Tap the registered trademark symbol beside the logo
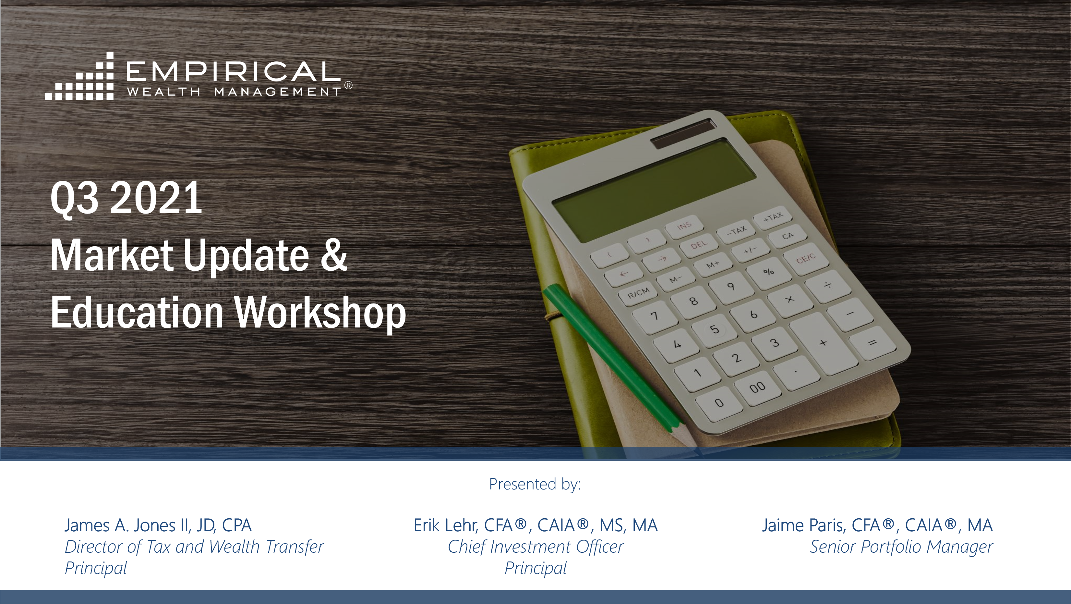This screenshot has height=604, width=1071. (x=348, y=85)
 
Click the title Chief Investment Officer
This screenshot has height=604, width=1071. (x=535, y=547)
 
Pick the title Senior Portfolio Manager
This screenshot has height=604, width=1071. (x=901, y=547)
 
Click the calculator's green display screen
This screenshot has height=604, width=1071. (x=654, y=189)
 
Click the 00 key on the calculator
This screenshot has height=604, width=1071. (x=757, y=387)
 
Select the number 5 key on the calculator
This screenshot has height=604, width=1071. (x=714, y=329)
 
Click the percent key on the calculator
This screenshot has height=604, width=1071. (x=768, y=272)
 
